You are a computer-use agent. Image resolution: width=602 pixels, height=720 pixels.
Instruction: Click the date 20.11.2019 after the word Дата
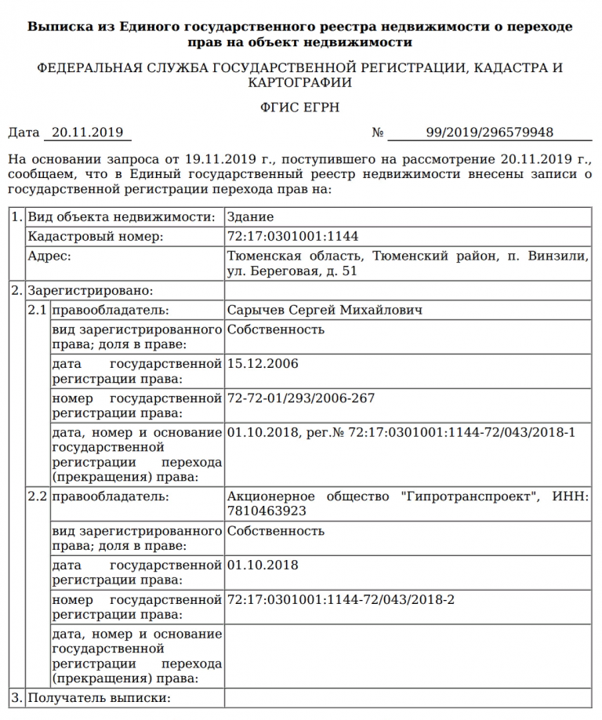click(88, 133)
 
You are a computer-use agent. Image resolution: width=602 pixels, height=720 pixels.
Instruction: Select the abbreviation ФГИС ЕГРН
click(301, 107)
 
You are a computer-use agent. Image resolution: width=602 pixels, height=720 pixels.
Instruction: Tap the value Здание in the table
click(250, 217)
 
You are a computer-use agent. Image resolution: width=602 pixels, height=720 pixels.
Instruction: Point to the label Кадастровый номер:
click(96, 236)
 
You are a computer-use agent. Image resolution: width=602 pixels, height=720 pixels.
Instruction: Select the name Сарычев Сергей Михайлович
click(325, 311)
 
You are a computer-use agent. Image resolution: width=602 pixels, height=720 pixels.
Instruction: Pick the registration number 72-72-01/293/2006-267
click(300, 398)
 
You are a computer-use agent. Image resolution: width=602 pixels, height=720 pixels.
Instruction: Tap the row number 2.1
click(38, 311)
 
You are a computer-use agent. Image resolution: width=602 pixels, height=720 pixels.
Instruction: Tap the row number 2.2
click(38, 496)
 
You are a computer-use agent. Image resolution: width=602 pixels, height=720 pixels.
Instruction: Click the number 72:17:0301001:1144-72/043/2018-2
click(340, 600)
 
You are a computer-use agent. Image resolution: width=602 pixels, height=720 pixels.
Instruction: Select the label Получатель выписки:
click(99, 697)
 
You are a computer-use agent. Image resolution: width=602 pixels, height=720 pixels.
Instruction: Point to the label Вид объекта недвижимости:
click(121, 217)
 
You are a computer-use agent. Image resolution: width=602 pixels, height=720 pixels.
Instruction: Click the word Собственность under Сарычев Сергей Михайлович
click(275, 329)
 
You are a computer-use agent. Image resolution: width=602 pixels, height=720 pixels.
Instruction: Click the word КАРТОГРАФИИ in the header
click(300, 82)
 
